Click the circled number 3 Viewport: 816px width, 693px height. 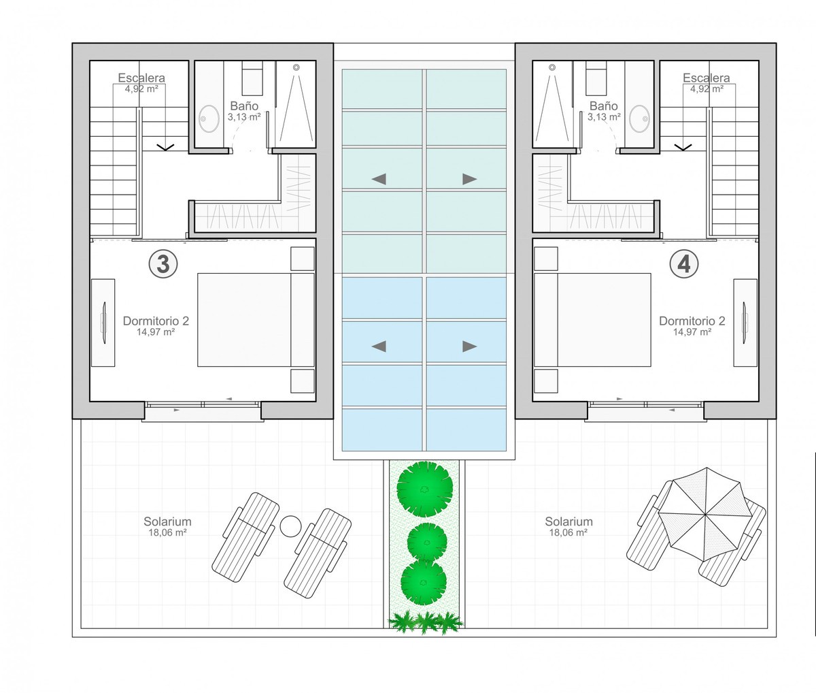pyautogui.click(x=163, y=264)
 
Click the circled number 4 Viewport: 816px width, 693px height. pyautogui.click(x=684, y=264)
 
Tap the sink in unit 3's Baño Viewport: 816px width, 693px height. pyautogui.click(x=209, y=118)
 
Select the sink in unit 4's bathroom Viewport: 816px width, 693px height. pyautogui.click(x=639, y=118)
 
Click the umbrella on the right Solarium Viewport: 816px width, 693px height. pyautogui.click(x=705, y=515)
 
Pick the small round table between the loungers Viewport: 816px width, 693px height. pyautogui.click(x=290, y=527)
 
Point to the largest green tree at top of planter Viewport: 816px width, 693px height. pyautogui.click(x=425, y=489)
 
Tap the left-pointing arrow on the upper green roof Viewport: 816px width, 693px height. pyautogui.click(x=379, y=179)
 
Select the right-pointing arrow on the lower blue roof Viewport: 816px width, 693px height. pyautogui.click(x=470, y=346)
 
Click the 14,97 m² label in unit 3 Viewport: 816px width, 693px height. pyautogui.click(x=156, y=332)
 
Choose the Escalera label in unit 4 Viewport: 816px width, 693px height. pyautogui.click(x=707, y=78)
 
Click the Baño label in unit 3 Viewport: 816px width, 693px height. pyautogui.click(x=244, y=106)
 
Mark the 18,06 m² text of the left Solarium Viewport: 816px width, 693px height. pyautogui.click(x=167, y=532)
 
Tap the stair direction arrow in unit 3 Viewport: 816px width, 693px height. pyautogui.click(x=165, y=147)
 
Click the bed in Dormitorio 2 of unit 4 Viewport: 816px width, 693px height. pyautogui.click(x=592, y=320)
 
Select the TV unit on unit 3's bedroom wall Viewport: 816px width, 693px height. pyautogui.click(x=103, y=323)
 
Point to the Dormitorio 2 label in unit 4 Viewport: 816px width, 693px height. pyautogui.click(x=692, y=321)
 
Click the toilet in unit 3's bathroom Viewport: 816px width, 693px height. pyautogui.click(x=252, y=78)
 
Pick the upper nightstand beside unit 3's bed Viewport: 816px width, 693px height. pyautogui.click(x=303, y=259)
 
